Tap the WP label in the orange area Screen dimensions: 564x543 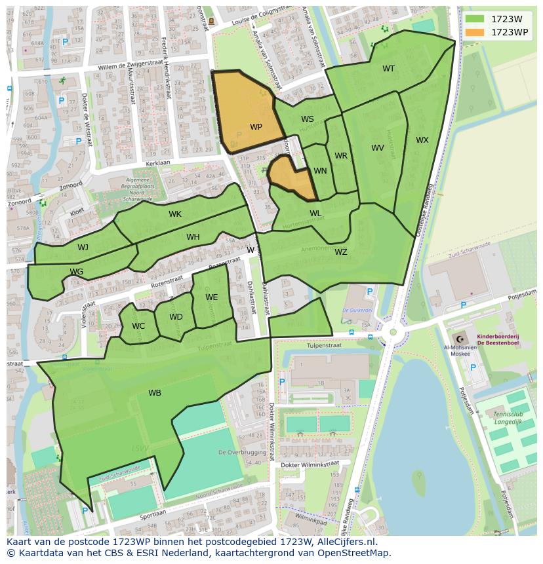click(x=256, y=127)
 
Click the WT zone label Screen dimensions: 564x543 click(x=388, y=69)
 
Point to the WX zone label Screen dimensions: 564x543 click(x=422, y=140)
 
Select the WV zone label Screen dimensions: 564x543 click(x=377, y=148)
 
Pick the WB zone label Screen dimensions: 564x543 click(x=155, y=393)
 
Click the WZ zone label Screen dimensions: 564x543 click(x=340, y=252)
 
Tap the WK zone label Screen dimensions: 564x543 click(x=174, y=214)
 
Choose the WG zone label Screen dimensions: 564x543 click(x=76, y=272)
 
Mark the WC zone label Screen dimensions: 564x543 click(x=138, y=326)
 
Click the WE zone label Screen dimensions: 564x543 click(x=211, y=297)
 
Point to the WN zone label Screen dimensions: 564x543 click(x=320, y=171)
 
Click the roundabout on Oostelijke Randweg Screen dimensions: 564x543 click(x=393, y=332)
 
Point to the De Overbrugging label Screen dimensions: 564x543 click(x=241, y=452)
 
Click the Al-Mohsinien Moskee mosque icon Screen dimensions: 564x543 click(x=459, y=339)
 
